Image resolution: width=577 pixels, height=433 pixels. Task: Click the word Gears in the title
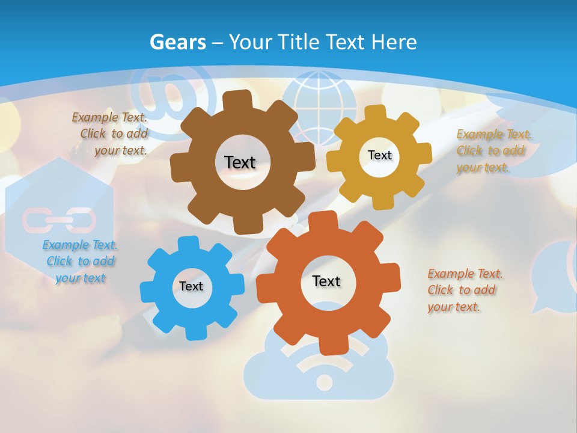click(178, 42)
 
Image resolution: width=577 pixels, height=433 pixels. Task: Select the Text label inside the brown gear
click(240, 162)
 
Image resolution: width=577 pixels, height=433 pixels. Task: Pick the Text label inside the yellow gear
click(379, 155)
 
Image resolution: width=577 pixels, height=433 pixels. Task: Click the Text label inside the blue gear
click(191, 286)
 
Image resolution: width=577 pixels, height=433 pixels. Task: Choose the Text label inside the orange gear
click(326, 281)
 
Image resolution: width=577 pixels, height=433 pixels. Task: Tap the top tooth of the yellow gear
click(375, 112)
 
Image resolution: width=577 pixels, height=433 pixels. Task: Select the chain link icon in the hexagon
click(58, 220)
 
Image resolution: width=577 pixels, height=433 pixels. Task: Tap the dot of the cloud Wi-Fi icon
click(324, 382)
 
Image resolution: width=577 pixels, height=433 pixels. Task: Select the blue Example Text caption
click(80, 261)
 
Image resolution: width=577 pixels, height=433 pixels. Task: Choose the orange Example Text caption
click(464, 290)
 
